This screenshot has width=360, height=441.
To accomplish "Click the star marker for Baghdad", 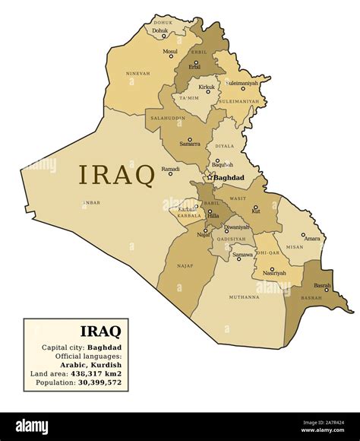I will (x=210, y=178).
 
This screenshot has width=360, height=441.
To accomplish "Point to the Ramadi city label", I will (x=170, y=169).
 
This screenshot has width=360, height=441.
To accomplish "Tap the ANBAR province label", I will (x=91, y=203).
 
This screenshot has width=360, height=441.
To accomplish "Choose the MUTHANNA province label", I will (x=244, y=297).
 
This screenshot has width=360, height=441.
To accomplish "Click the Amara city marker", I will (x=303, y=235).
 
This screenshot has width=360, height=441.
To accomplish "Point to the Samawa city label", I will (x=243, y=255).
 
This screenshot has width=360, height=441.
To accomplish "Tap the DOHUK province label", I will (x=163, y=23).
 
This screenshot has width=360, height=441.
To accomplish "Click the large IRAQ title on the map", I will (x=116, y=175).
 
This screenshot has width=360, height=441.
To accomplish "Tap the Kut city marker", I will (x=255, y=207).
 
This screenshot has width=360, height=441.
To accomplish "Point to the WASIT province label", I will (x=238, y=198).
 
